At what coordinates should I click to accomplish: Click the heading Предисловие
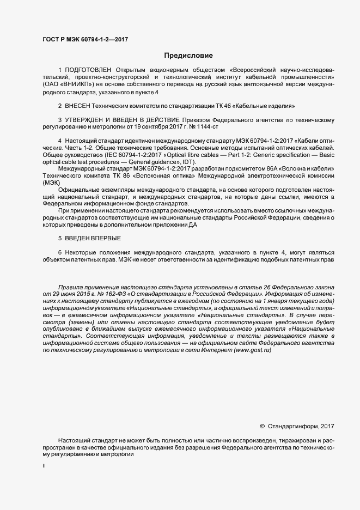click(188, 55)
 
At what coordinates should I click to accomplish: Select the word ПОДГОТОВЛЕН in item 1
click(88, 70)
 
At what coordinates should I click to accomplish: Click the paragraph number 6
click(59, 253)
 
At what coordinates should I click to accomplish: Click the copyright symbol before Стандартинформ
click(262, 426)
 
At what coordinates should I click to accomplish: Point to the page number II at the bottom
click(44, 466)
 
